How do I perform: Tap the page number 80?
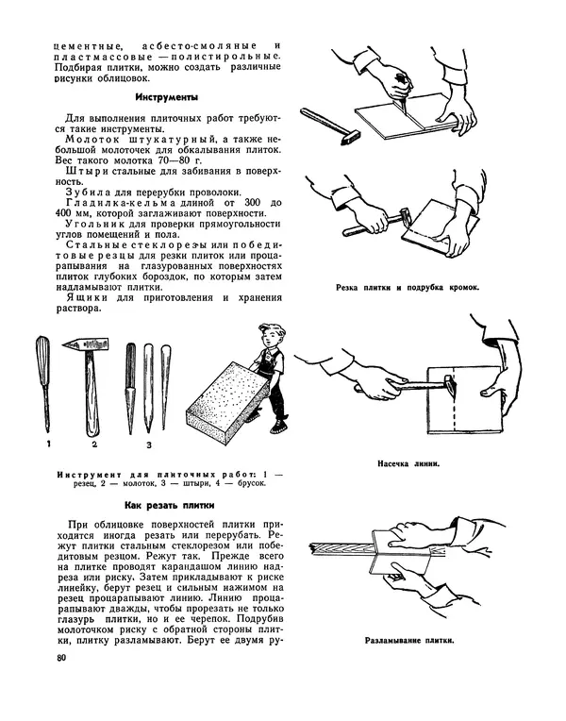coord(62,658)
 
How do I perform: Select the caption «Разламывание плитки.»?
coord(408,641)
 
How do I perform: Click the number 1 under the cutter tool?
coord(44,443)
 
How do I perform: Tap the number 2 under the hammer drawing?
coord(93,443)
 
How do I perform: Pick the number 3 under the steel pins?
coord(148,443)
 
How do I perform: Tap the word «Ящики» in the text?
coord(80,296)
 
